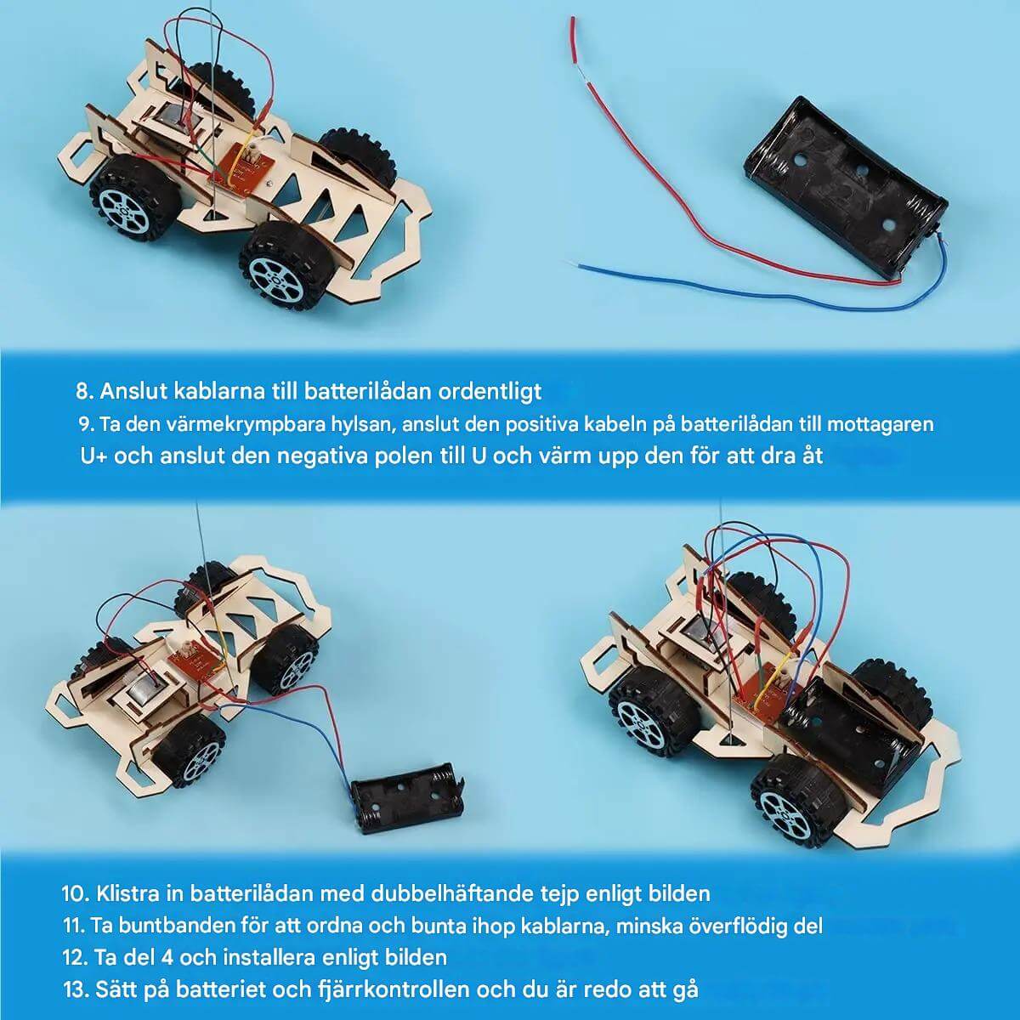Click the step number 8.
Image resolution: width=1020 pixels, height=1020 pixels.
click(83, 392)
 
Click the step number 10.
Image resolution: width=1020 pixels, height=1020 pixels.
click(76, 893)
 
